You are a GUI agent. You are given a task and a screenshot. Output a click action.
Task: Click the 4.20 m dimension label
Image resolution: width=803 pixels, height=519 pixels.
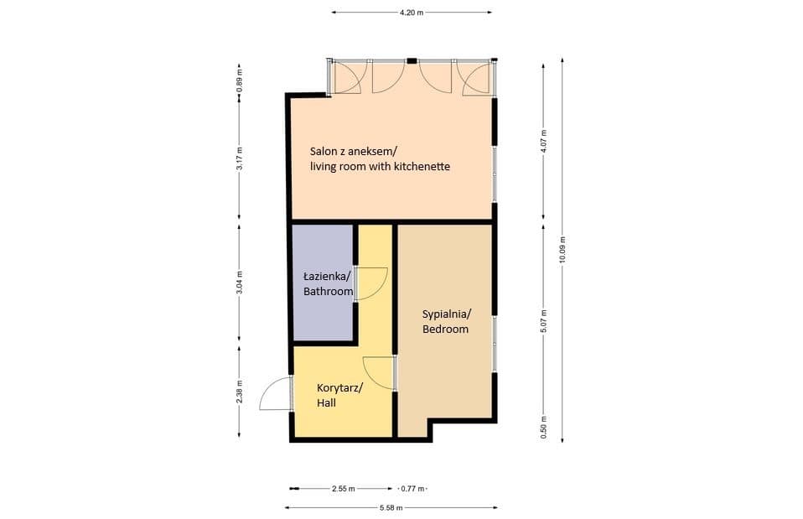[412, 13]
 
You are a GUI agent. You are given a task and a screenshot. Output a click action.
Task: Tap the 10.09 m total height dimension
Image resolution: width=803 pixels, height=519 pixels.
[562, 250]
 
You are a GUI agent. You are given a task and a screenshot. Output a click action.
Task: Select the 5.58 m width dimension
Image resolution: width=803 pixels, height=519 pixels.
[391, 508]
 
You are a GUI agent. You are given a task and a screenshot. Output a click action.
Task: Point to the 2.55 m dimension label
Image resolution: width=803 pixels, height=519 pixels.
[343, 489]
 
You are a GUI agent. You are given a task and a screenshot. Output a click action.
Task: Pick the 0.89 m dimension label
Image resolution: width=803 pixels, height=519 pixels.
[239, 81]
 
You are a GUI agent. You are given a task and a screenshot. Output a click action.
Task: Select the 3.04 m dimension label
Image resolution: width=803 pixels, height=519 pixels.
[239, 283]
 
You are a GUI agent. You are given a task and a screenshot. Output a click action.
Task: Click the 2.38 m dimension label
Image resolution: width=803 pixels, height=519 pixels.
[239, 392]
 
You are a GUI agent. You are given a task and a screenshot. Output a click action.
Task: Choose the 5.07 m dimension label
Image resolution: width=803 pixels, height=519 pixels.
[544, 321]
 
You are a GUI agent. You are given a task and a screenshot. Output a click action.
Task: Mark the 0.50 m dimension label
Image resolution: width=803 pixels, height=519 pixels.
[544, 428]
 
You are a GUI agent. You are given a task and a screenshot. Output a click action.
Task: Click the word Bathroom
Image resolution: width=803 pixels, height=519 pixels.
[329, 292]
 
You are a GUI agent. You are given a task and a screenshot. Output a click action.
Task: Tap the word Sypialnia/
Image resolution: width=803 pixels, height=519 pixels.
[447, 314]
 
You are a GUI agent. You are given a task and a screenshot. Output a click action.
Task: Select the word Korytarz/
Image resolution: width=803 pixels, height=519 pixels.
[339, 388]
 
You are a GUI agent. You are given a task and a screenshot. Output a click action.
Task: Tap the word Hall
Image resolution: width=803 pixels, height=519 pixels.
[326, 403]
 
